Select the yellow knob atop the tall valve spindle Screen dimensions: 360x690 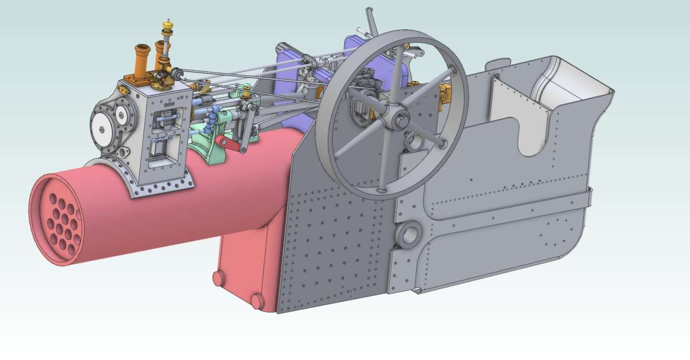pyautogui.click(x=168, y=25)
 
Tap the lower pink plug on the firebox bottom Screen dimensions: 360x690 pyautogui.click(x=257, y=300)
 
